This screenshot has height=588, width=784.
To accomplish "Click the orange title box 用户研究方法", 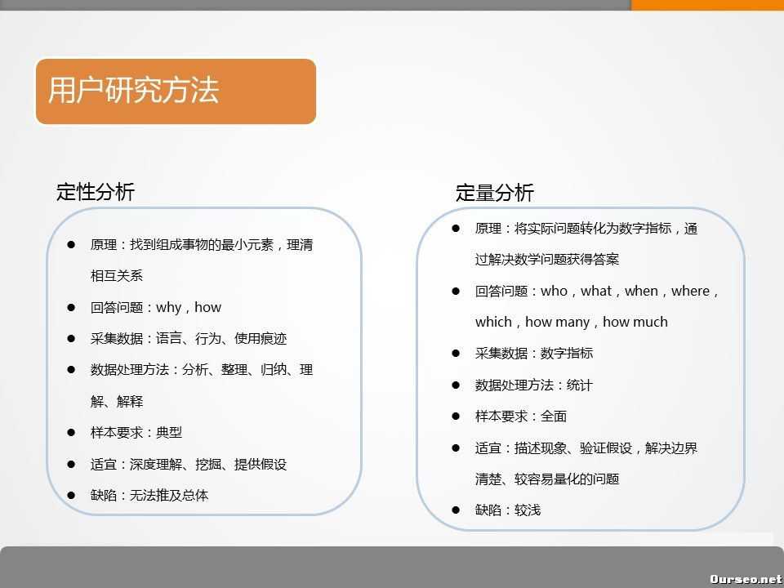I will tap(176, 91).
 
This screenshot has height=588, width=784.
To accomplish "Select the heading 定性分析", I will tap(96, 192).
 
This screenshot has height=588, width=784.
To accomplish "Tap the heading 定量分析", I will tap(494, 193).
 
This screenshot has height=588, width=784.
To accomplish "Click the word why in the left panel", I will tap(169, 308).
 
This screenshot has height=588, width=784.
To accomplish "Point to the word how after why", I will tap(207, 308).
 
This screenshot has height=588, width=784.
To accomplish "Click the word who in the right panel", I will tap(554, 291).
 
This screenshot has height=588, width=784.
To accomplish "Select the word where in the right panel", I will tap(691, 291).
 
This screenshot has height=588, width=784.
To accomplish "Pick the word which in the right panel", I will tap(493, 322).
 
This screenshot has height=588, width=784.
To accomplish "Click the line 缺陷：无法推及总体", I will tap(149, 496).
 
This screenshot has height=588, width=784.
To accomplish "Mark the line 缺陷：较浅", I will tap(507, 510).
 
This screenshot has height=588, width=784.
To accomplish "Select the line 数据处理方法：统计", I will tap(533, 385).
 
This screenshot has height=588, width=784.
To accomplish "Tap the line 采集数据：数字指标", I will tap(533, 354).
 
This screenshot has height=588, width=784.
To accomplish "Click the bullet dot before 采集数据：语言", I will tap(71, 339).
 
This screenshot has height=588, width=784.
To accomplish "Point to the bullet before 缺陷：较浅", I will tap(456, 510).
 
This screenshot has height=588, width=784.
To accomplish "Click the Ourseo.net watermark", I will tap(746, 578).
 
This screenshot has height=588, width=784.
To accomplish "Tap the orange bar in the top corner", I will tap(707, 5).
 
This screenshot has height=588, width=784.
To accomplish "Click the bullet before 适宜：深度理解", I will tap(71, 465).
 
